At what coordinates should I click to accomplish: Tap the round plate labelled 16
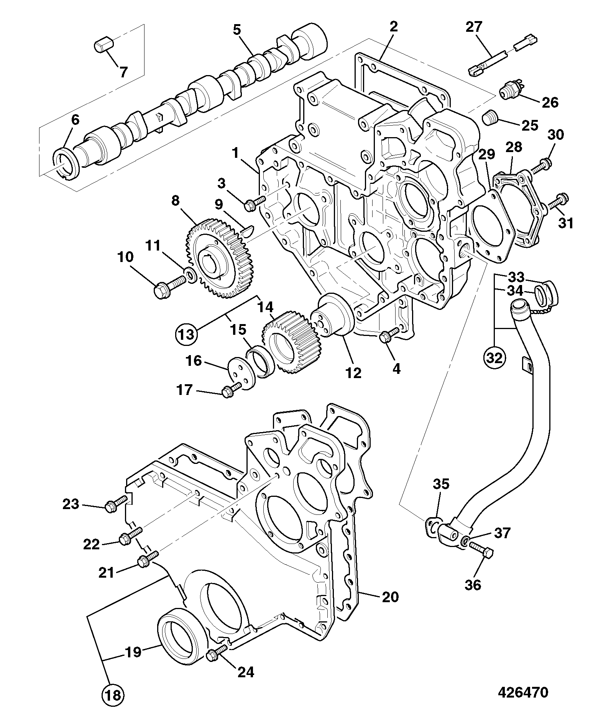[241, 373]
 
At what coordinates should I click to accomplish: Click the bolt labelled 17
[232, 389]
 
